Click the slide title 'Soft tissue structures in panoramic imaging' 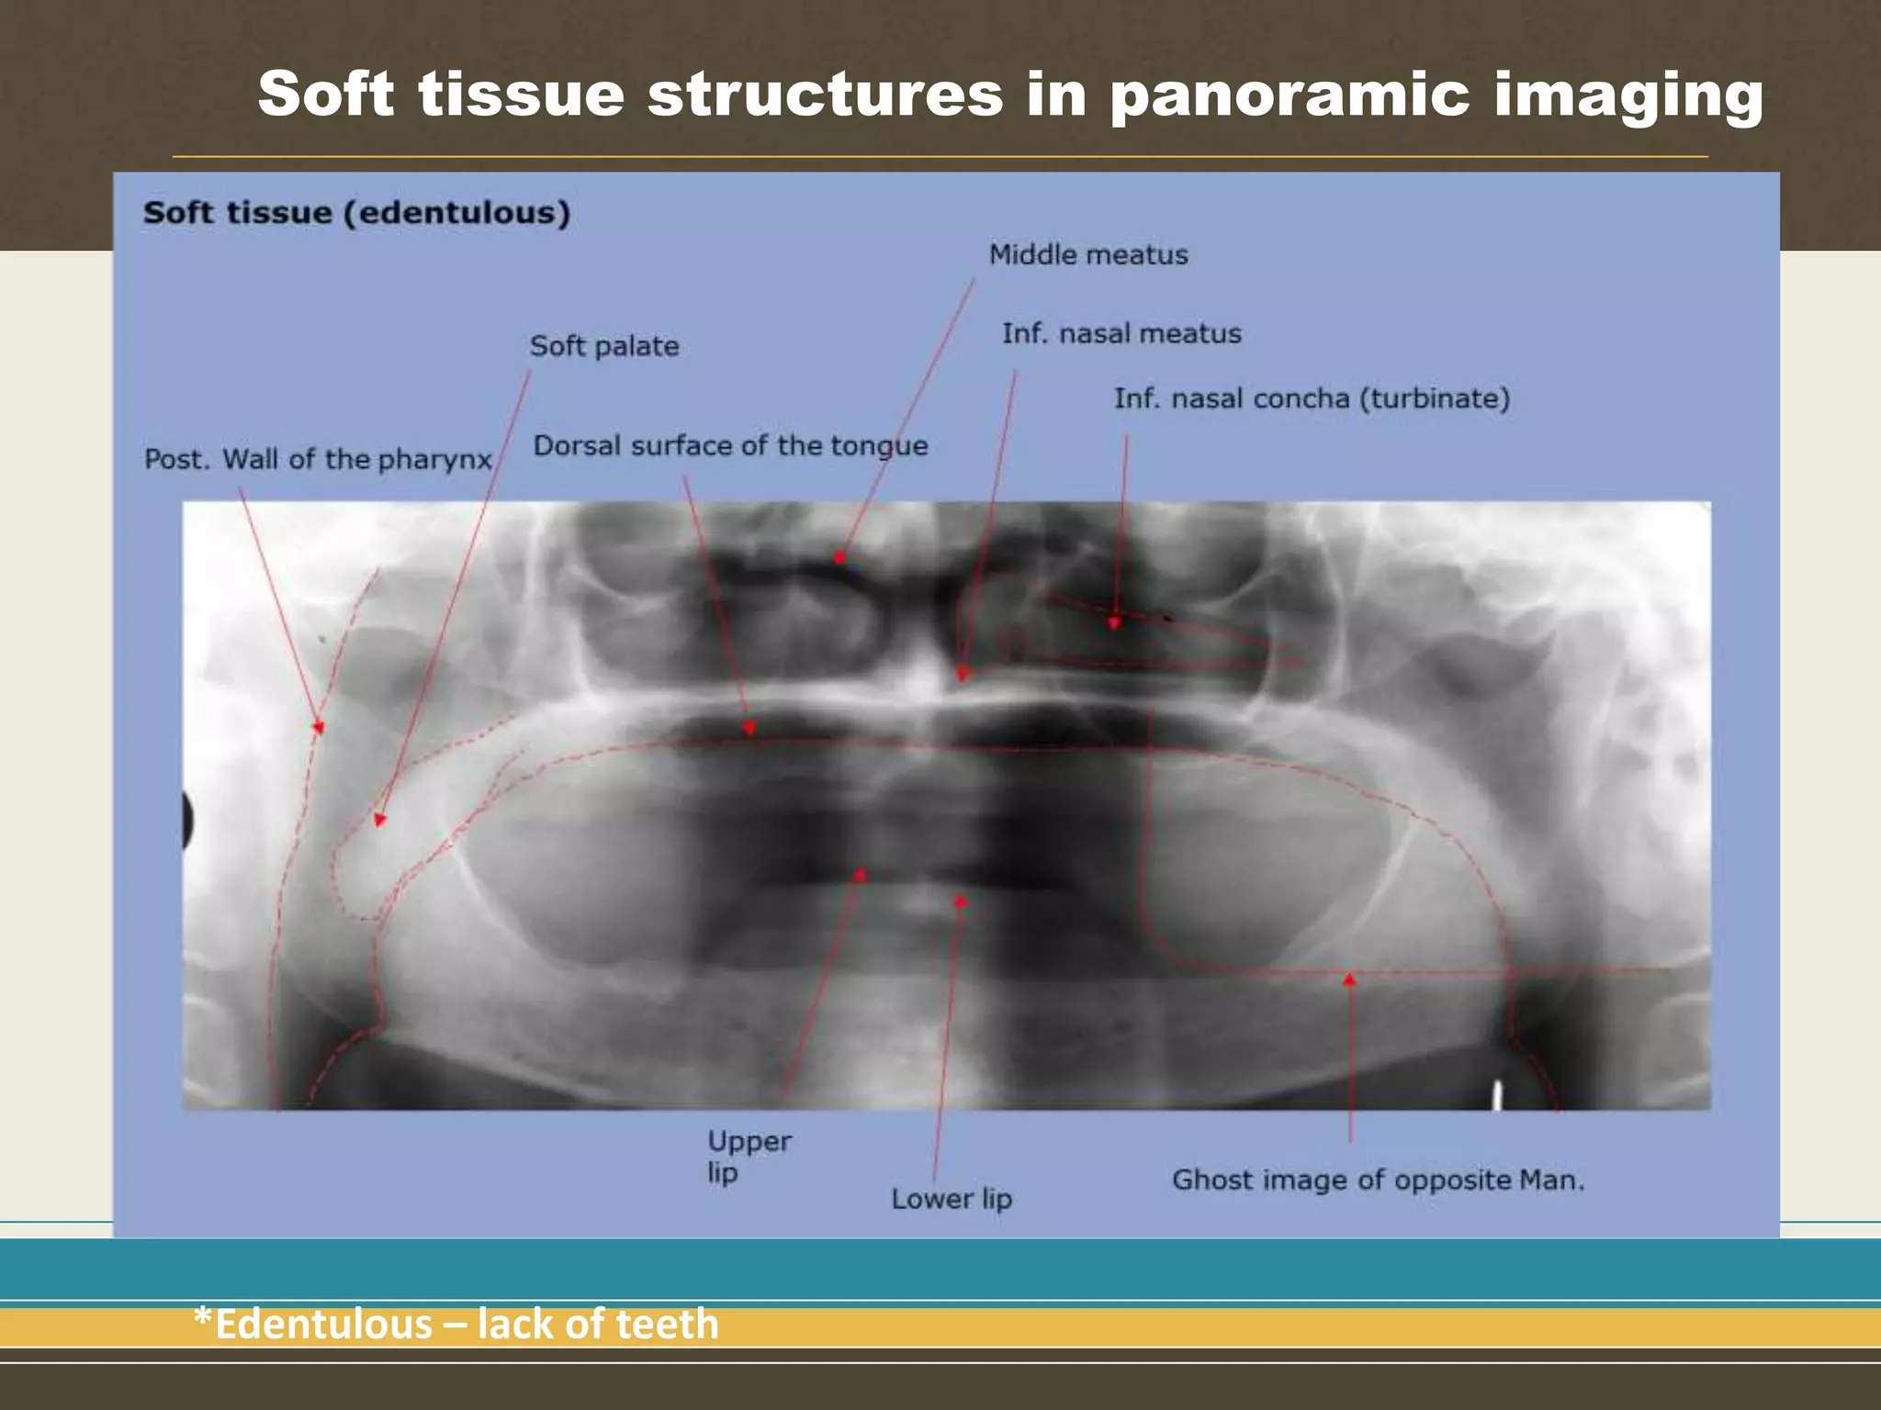(1009, 95)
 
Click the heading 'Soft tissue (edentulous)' (356, 213)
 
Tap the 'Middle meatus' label (1087, 254)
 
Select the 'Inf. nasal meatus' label (1121, 333)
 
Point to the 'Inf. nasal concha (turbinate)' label (1312, 398)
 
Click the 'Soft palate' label (603, 346)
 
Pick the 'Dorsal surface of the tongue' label (730, 446)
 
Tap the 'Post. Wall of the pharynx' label (318, 459)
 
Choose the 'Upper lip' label (748, 1156)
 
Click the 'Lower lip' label (951, 1198)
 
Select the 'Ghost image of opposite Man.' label (1378, 1180)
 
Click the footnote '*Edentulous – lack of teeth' (456, 1324)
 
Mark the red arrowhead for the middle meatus (839, 557)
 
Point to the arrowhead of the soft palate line (380, 820)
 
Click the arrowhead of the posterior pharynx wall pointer (319, 727)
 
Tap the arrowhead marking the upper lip (860, 875)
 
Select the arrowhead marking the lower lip (961, 902)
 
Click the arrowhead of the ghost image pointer (1349, 980)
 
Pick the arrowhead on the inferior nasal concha (1114, 622)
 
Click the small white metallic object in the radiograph (1498, 1094)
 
